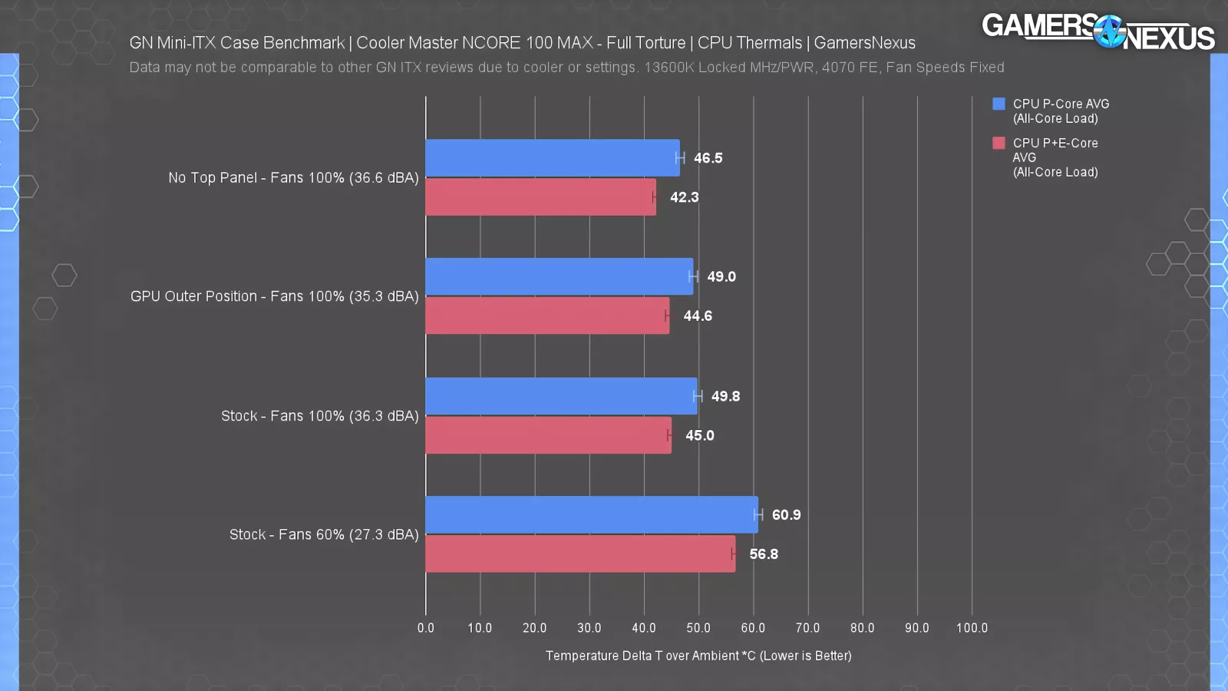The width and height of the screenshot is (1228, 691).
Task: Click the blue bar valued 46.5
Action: click(553, 158)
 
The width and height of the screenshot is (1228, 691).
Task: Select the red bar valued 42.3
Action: click(540, 197)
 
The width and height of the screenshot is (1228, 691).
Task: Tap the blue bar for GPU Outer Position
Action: click(559, 276)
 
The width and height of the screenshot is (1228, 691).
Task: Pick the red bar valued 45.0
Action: click(548, 435)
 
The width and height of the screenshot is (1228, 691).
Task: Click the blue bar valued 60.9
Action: click(591, 514)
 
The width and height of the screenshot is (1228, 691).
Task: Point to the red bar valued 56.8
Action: click(580, 554)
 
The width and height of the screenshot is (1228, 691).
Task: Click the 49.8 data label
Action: click(725, 396)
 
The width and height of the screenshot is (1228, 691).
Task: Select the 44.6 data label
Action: click(698, 316)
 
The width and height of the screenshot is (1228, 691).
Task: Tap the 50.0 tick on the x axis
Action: click(698, 628)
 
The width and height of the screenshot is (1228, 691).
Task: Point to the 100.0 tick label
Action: click(972, 628)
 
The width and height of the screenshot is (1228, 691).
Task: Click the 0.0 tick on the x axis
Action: click(426, 628)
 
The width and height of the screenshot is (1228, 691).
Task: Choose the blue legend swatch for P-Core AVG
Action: click(999, 104)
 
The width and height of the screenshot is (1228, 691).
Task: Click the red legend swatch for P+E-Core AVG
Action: click(999, 143)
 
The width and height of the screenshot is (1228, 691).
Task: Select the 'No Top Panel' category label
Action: click(293, 178)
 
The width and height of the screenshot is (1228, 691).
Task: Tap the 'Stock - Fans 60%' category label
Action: click(324, 534)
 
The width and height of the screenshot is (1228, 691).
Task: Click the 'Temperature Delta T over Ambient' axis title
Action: click(698, 656)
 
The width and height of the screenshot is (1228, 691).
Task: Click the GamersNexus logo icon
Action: click(1109, 31)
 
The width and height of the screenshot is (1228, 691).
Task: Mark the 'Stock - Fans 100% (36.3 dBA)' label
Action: click(319, 416)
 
